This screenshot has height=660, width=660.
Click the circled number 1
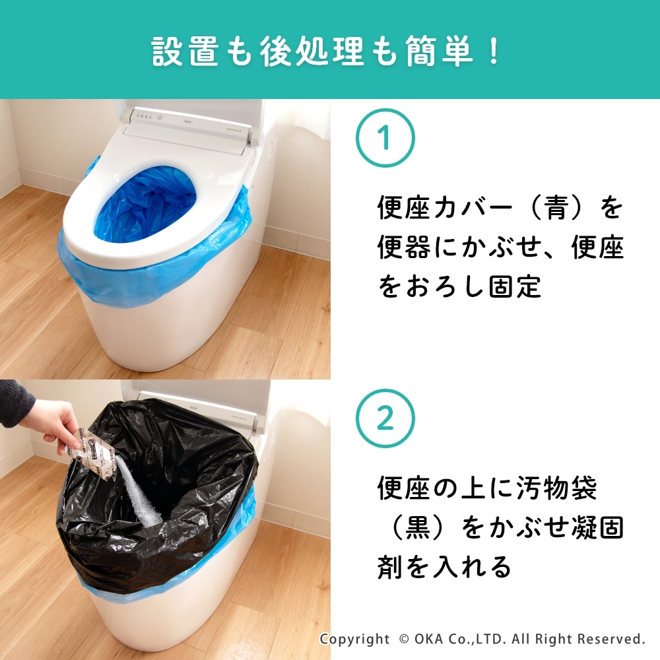point(385,138)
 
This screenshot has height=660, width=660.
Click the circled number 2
point(385,418)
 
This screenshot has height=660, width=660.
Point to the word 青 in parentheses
point(556,207)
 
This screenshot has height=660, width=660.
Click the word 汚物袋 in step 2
point(556,488)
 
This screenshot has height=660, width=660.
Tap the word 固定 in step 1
point(515,287)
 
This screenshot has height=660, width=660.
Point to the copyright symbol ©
point(404,639)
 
